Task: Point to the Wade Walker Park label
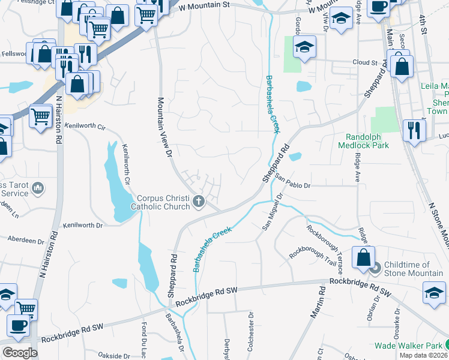[x=408, y=346]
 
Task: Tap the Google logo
[x=20, y=353]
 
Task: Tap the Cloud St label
[x=365, y=62]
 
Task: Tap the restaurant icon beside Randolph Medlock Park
[x=414, y=130]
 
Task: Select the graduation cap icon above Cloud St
[x=305, y=47]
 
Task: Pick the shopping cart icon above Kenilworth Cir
[x=40, y=115]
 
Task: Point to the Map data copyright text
[x=424, y=355]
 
